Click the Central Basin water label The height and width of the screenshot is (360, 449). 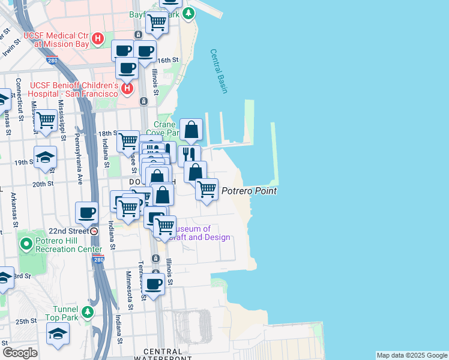219,71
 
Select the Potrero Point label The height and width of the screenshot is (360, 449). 249,191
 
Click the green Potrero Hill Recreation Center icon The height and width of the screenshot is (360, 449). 26,244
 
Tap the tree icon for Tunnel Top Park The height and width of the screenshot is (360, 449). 88,312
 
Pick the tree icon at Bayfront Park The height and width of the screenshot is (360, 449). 189,13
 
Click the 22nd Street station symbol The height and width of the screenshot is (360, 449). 94,231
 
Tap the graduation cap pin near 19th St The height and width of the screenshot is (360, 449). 45,157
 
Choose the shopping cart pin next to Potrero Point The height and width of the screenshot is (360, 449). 207,189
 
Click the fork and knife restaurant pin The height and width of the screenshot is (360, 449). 189,155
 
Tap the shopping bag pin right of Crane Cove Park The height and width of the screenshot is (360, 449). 191,129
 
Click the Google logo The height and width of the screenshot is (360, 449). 20,353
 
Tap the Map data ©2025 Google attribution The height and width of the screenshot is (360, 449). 412,355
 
